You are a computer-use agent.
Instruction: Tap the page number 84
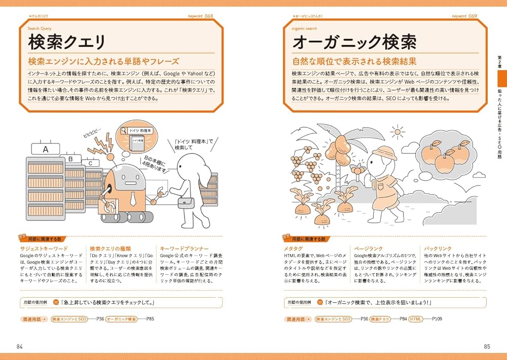click(20, 346)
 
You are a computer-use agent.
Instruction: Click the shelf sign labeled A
click(46, 149)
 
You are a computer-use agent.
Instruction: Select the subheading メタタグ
click(294, 249)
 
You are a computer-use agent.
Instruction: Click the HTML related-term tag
click(415, 319)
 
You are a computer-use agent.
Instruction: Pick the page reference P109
click(438, 319)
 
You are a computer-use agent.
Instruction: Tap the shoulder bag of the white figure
click(186, 202)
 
